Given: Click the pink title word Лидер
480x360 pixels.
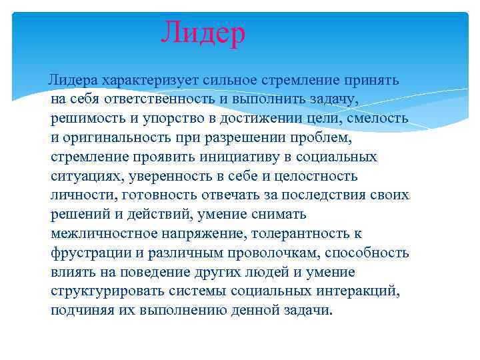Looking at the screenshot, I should (203, 33).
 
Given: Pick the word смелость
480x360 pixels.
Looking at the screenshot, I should (373, 119).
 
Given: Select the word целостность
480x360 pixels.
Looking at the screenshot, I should (314, 177).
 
